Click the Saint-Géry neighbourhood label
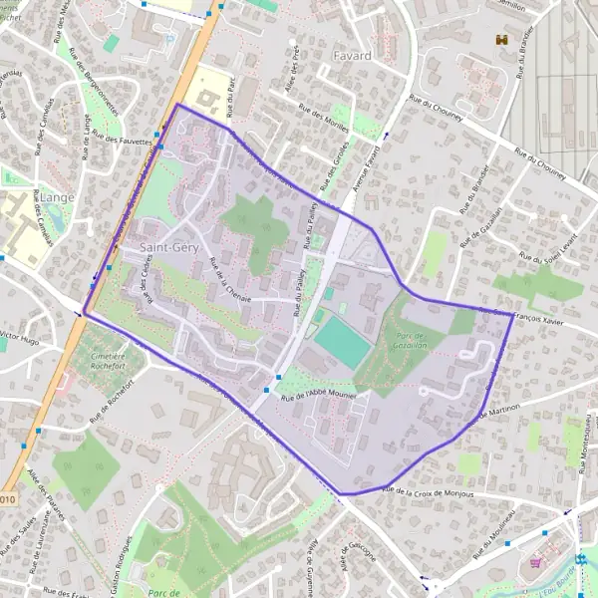click(x=170, y=246)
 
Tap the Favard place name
click(x=353, y=55)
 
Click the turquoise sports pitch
click(x=343, y=340)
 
